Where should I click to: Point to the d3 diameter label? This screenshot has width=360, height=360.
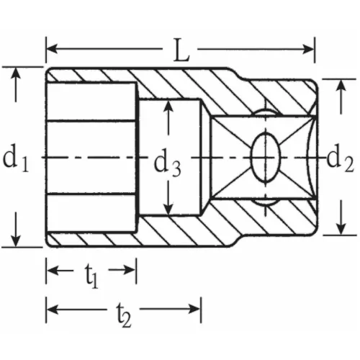(x=167, y=164)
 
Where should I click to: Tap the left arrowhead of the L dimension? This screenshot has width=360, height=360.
(x=51, y=50)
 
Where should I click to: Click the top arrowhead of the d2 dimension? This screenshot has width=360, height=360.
(x=338, y=84)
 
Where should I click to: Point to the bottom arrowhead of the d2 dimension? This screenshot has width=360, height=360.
(x=338, y=230)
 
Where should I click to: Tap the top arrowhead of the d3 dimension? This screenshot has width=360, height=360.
(x=168, y=105)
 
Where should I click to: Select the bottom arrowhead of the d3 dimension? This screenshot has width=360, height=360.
(x=168, y=210)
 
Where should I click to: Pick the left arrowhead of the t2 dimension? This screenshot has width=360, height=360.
(x=51, y=308)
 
